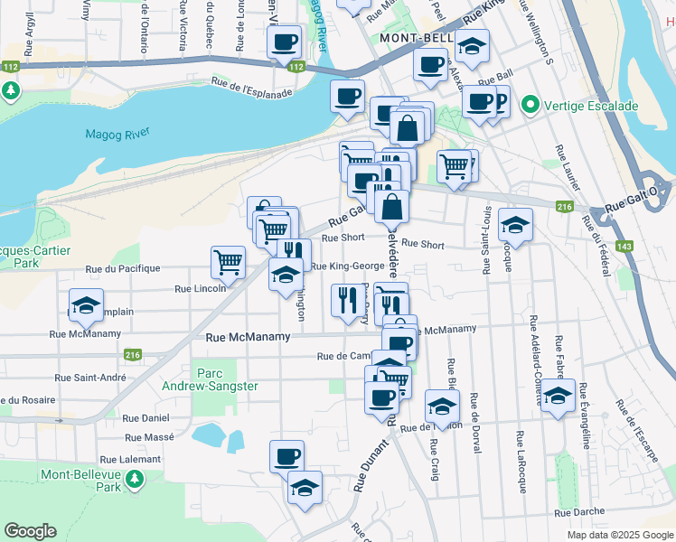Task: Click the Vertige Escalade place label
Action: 591,106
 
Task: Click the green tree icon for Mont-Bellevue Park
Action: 136,479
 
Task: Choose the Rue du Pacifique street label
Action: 122,268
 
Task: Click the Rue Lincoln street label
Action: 200,288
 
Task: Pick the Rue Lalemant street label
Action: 130,459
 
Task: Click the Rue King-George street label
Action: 347,266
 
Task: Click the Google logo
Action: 30,531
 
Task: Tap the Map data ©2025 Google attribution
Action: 619,535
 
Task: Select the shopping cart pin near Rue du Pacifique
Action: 229,262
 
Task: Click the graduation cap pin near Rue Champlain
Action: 86,305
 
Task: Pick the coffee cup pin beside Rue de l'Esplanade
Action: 347,97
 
